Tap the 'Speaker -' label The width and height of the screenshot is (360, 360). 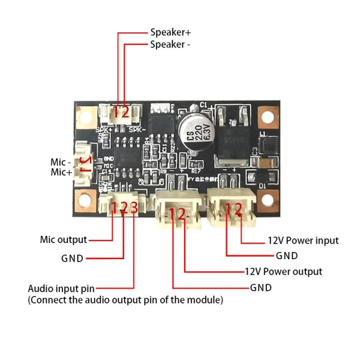(170, 44)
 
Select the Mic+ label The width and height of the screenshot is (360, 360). (61, 172)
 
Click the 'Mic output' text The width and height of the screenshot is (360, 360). (63, 240)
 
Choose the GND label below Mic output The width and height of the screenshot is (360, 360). (72, 259)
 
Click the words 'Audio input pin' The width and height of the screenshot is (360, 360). (61, 288)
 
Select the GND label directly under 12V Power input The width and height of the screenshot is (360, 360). (287, 256)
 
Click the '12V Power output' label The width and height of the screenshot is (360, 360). (283, 272)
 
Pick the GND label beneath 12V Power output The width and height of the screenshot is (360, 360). (261, 287)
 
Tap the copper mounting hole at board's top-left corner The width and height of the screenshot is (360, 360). (85, 114)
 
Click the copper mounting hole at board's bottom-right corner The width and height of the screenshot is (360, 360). (268, 198)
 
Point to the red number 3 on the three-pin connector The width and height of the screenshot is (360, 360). (134, 208)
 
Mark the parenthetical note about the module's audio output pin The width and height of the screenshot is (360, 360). (125, 299)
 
